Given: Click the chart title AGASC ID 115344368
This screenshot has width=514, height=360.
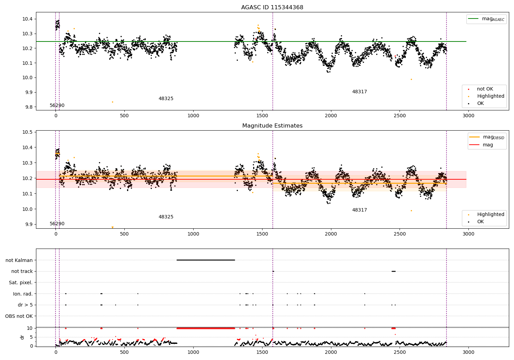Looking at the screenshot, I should pyautogui.click(x=272, y=8).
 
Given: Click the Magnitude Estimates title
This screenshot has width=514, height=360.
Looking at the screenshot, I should pyautogui.click(x=272, y=126).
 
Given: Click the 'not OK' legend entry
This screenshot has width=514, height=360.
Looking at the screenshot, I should pyautogui.click(x=485, y=89).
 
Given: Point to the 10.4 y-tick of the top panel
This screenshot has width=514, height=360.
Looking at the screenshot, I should pyautogui.click(x=27, y=19).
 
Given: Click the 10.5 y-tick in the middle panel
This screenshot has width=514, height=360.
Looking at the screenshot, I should pyautogui.click(x=27, y=132).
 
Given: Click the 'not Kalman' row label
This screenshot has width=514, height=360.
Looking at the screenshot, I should pyautogui.click(x=19, y=260).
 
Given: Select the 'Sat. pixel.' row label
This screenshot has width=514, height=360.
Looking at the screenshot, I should pyautogui.click(x=21, y=283).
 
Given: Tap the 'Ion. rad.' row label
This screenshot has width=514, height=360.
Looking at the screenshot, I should pyautogui.click(x=23, y=294).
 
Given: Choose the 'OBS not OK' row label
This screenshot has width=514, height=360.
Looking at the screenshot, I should pyautogui.click(x=19, y=316).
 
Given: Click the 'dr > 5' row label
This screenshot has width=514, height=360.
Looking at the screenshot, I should pyautogui.click(x=25, y=305).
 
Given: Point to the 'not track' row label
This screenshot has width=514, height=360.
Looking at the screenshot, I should pyautogui.click(x=22, y=271).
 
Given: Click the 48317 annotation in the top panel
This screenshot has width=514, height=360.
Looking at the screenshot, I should pyautogui.click(x=359, y=92).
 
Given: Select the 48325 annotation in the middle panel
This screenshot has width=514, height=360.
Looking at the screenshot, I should pyautogui.click(x=166, y=217).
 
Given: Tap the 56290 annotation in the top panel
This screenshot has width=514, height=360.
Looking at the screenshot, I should pyautogui.click(x=57, y=106).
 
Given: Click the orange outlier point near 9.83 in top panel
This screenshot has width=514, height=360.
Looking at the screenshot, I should pyautogui.click(x=112, y=102).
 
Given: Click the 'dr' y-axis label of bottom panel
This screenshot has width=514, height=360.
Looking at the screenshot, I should pyautogui.click(x=22, y=337).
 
